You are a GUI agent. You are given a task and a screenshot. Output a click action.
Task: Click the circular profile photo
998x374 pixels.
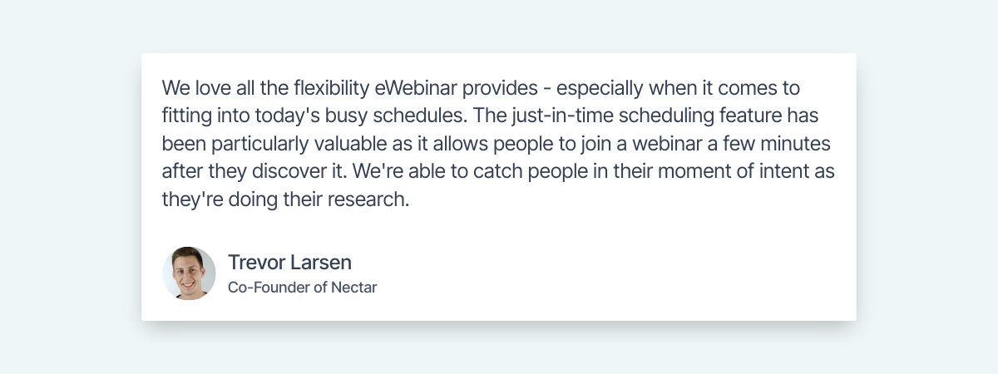pyautogui.click(x=189, y=273)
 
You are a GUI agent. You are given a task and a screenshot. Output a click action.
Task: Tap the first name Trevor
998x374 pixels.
pyautogui.click(x=256, y=263)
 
